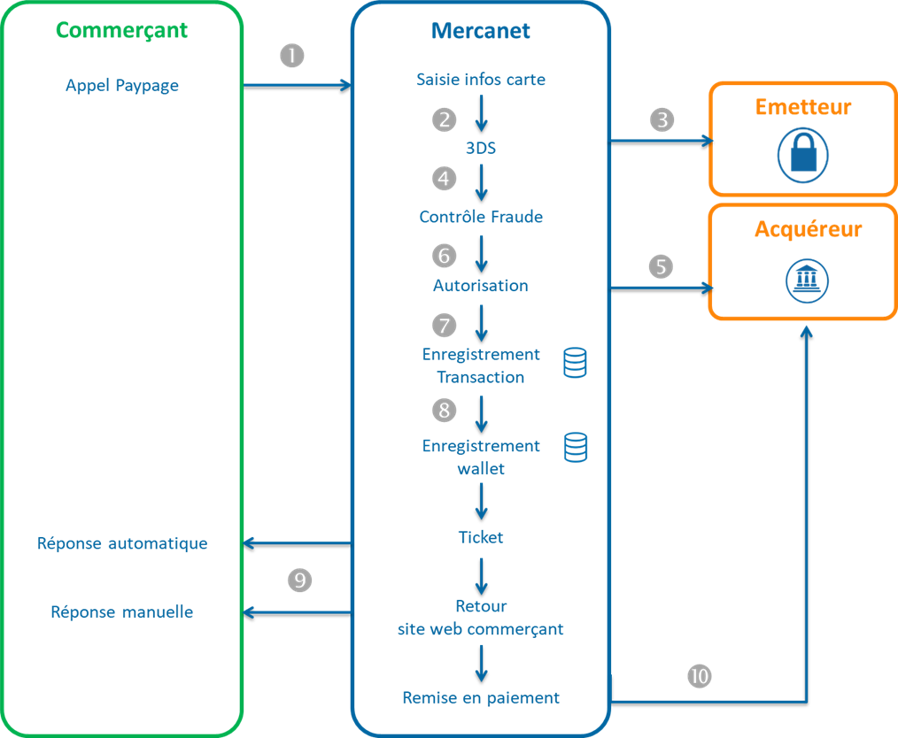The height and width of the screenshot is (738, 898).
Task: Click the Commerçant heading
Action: (x=122, y=30)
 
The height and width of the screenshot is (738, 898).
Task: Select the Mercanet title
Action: (x=481, y=31)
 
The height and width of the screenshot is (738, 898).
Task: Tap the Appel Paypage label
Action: (x=122, y=86)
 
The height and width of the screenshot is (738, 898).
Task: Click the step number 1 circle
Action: (x=292, y=56)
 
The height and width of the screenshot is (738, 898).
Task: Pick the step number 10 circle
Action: (x=700, y=676)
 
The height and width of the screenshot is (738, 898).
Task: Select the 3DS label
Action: (x=481, y=149)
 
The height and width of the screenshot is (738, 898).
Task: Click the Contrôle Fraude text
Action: (x=481, y=217)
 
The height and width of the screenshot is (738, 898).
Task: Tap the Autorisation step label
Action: (x=481, y=286)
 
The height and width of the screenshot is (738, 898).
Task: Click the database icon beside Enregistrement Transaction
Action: (x=576, y=363)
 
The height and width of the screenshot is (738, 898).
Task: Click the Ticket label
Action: (x=481, y=537)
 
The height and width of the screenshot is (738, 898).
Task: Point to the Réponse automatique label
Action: (x=122, y=543)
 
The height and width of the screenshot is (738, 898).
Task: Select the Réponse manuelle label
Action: (x=122, y=612)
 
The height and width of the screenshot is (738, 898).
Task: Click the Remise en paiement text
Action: (x=481, y=697)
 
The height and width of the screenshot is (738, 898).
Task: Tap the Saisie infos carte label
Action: (x=481, y=80)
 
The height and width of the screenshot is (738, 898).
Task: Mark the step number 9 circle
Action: (x=300, y=580)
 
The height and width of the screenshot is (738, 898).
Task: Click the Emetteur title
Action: (x=802, y=107)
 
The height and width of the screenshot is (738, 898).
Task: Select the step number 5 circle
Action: (x=661, y=266)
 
